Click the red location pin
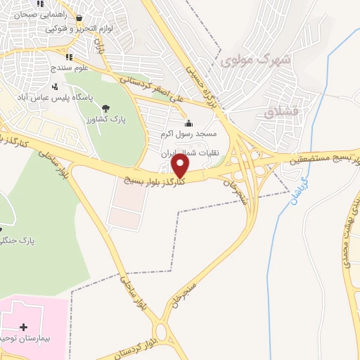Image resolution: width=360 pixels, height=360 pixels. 181,166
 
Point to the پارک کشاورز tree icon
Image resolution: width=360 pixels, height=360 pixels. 105,108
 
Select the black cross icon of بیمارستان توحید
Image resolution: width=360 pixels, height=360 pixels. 24,327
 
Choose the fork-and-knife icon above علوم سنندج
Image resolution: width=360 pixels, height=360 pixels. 68,57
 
